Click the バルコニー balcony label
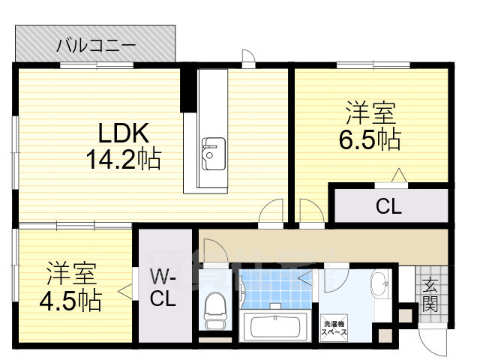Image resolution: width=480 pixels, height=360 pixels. (96, 46)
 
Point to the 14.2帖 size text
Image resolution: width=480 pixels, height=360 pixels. (124, 160)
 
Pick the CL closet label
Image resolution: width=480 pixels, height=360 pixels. (388, 205)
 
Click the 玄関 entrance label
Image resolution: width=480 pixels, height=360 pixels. (430, 295)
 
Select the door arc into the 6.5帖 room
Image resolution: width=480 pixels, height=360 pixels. (308, 211)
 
